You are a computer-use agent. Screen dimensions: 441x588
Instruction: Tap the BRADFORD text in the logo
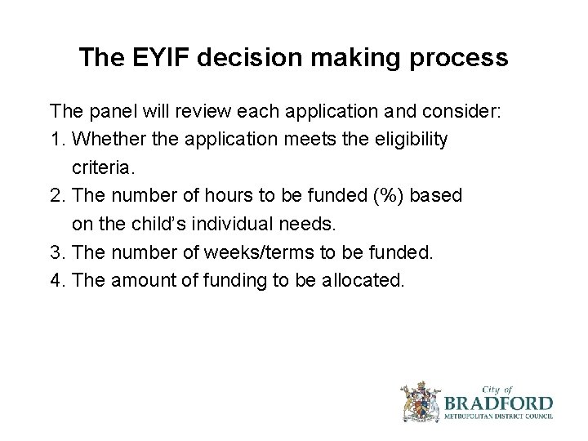[499, 403]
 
